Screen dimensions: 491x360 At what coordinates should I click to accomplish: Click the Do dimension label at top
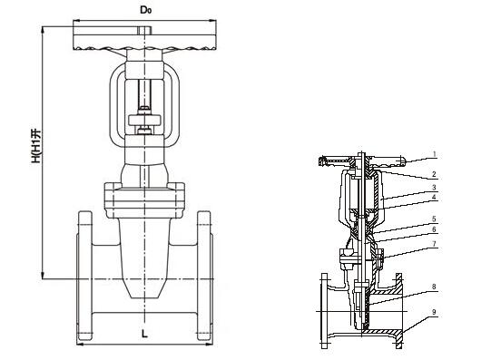tap(145, 10)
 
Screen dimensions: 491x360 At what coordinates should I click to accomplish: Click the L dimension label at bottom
tap(144, 334)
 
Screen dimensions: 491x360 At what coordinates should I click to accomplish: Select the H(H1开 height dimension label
tap(36, 146)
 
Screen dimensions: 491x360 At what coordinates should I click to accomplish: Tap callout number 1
tap(434, 154)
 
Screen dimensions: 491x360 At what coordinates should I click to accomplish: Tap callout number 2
tap(434, 174)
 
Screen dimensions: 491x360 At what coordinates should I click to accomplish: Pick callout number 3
tap(434, 188)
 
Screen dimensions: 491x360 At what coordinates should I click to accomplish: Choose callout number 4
tap(434, 197)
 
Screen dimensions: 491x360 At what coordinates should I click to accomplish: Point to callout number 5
tap(434, 219)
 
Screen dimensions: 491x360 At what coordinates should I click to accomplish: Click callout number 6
tap(434, 229)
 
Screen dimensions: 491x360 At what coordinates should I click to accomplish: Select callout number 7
tap(434, 244)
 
